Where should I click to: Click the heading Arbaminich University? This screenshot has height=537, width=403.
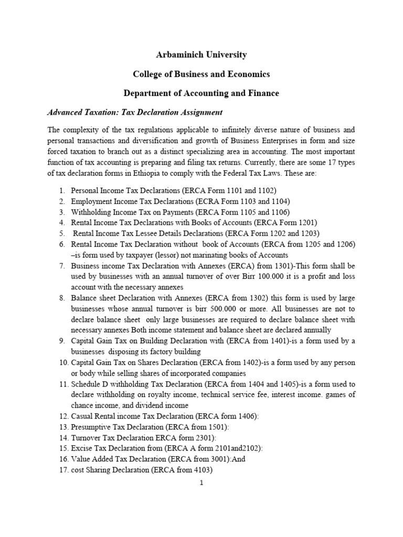click(201, 55)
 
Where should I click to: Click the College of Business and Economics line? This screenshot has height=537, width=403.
click(201, 74)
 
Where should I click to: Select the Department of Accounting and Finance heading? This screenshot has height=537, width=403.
click(201, 93)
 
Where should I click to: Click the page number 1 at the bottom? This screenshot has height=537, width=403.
click(201, 483)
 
